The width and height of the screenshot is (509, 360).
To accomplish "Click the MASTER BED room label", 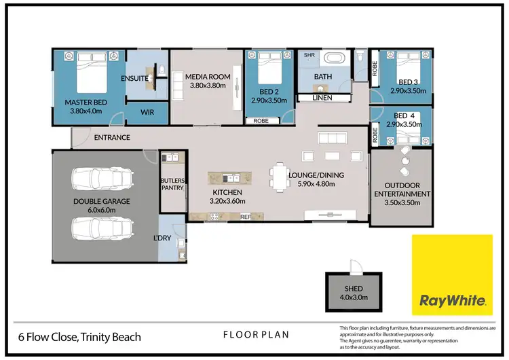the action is coord(86,103).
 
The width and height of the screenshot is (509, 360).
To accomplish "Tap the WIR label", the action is coord(147,113).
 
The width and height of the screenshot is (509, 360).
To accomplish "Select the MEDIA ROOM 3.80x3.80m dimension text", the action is coord(208,86).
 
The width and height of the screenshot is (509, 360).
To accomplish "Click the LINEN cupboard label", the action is coord(322,98).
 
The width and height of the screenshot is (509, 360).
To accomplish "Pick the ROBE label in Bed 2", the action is coord(261,121).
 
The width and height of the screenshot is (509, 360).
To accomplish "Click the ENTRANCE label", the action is coord(112,137).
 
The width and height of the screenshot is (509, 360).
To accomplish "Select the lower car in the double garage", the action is coord(102,228).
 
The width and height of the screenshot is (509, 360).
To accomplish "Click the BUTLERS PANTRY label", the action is coord(172,184).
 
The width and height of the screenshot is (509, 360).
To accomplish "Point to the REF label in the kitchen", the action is coord(246,217).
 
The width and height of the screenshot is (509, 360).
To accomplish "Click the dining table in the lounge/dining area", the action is coord(280,178).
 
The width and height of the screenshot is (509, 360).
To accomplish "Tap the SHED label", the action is coord(354,289).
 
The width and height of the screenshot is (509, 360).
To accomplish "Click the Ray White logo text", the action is coord(453,300).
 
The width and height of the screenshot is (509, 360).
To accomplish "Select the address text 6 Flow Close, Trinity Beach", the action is coord(79,338).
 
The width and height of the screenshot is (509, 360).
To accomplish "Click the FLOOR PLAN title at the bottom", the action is coord(256,335).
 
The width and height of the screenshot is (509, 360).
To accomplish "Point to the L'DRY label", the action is coord(162,238).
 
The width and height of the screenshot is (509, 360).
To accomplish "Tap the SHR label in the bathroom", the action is coord(309,55).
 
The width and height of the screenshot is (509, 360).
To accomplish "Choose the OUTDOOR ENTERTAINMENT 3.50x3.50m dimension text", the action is coord(402,202).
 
